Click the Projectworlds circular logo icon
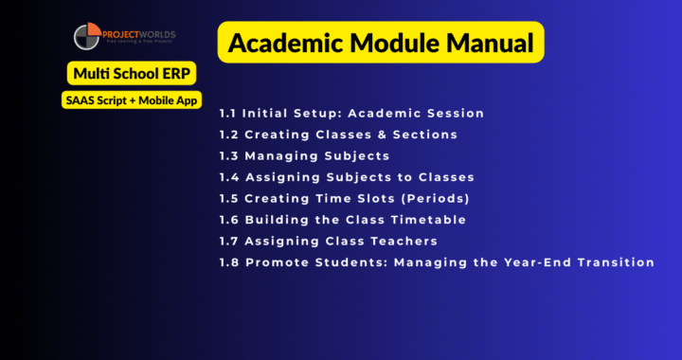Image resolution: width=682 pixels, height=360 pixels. coord(88,38)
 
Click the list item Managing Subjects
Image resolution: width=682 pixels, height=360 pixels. coord(316,155)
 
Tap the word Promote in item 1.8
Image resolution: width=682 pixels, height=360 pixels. coord(274,262)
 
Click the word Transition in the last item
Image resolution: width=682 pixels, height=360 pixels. coord(617,262)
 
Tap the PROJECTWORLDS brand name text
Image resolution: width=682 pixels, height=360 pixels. coord(143,32)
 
